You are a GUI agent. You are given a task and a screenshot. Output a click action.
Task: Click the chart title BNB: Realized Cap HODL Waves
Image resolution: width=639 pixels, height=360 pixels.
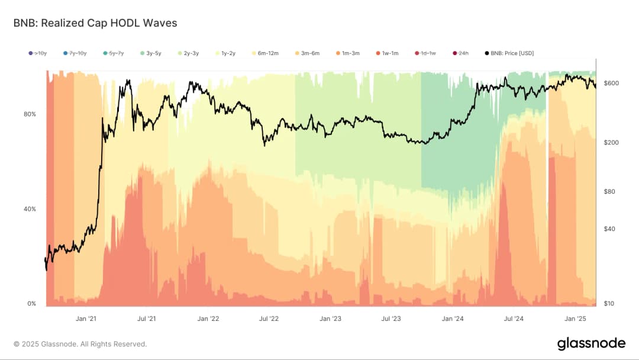(x=95, y=23)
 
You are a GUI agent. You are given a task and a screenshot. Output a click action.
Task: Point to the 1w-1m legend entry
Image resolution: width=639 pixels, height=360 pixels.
(x=388, y=53)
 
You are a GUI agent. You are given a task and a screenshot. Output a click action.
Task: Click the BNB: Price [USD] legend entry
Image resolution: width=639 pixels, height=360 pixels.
(x=509, y=53)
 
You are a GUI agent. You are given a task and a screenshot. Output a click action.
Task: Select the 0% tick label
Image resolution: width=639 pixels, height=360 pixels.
(x=31, y=304)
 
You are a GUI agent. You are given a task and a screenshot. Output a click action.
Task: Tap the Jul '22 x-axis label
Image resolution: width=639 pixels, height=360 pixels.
(x=269, y=319)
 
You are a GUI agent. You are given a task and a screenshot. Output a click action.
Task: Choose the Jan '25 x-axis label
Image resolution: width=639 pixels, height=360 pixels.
(x=575, y=319)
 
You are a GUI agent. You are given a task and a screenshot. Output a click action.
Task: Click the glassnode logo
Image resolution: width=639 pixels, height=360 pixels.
(x=591, y=343)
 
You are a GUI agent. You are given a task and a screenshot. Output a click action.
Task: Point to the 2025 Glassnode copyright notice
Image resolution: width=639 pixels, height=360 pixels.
(x=80, y=344)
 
